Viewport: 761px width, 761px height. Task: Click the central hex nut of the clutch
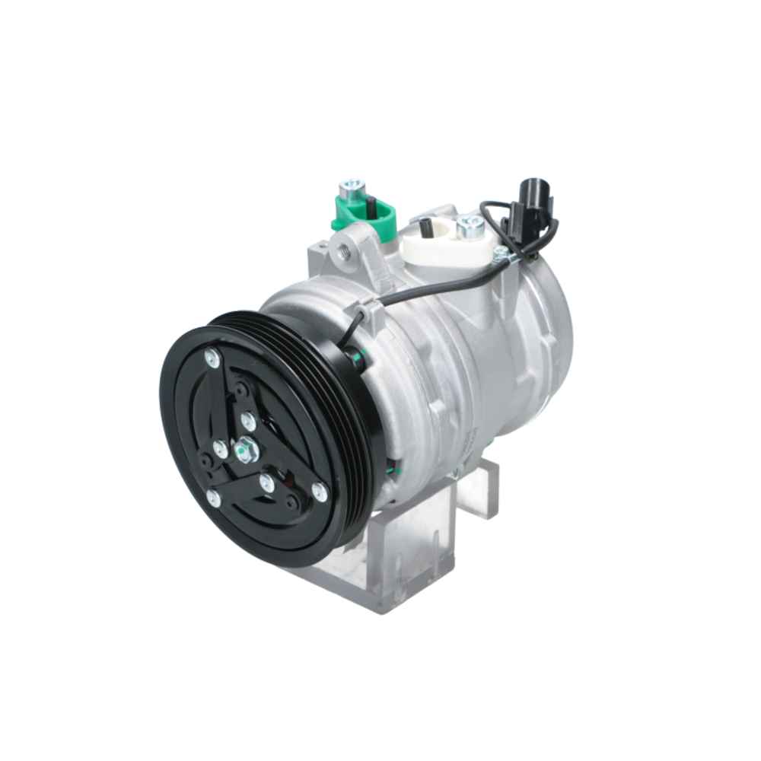246,450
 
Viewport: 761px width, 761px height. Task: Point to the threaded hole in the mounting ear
344,250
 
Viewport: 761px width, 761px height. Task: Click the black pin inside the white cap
426,226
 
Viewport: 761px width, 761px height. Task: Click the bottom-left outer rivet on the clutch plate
214,498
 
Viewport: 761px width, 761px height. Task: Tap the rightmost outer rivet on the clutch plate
320,492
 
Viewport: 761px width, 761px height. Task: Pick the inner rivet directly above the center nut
248,420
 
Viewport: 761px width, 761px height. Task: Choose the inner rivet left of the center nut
220,448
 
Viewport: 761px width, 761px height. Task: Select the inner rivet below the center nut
266,482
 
